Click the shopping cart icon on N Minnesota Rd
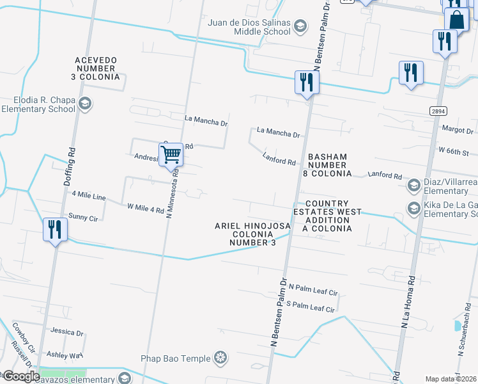(x=171, y=154)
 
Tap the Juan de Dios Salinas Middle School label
(x=249, y=26)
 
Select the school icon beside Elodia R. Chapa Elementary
(x=84, y=104)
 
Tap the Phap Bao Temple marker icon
(x=220, y=357)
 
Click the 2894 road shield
(x=438, y=111)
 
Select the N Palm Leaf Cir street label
(x=313, y=291)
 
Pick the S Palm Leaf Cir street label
(x=311, y=307)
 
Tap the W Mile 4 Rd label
(x=146, y=208)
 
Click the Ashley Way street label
(x=65, y=355)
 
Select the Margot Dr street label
(x=458, y=129)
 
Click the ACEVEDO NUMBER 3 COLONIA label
(x=96, y=68)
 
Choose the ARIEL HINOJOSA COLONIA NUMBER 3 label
(x=253, y=234)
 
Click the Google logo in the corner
(x=20, y=376)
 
